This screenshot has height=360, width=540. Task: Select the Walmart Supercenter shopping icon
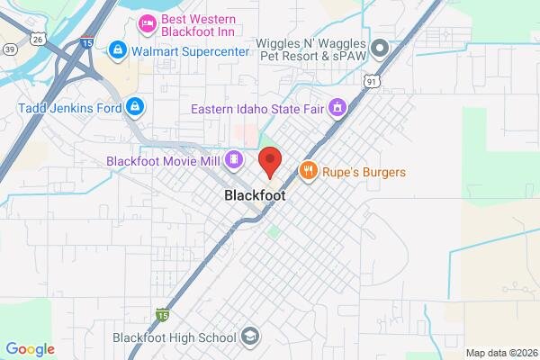[x=118, y=49]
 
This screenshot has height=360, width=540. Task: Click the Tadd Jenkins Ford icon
[x=134, y=107]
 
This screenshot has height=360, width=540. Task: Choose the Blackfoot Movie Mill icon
[x=234, y=160]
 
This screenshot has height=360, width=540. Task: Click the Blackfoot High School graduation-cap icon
[x=251, y=337]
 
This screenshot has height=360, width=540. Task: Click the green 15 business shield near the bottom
[x=161, y=314]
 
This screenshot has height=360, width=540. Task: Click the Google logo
[x=31, y=348]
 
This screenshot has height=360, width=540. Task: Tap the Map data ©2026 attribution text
[x=499, y=352]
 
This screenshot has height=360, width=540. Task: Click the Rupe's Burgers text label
[x=365, y=172]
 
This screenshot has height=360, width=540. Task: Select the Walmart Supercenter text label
[x=190, y=50]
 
